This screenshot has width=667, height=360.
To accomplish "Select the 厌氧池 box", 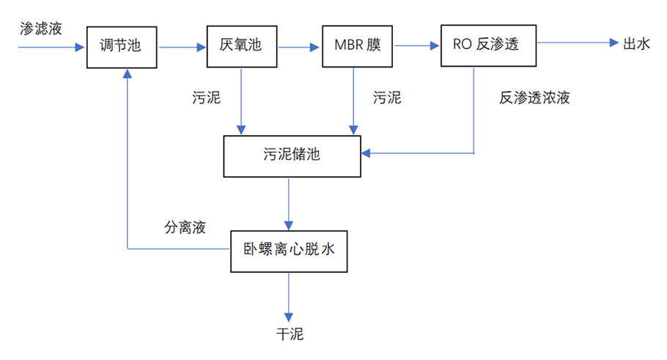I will tap(240, 46).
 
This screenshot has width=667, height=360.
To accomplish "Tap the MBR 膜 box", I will tap(358, 46).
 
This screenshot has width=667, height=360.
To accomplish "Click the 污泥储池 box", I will tap(292, 155).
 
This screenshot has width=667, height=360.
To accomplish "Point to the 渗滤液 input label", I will tap(41, 29).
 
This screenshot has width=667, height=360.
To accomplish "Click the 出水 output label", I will tap(635, 44).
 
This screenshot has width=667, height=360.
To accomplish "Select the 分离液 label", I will tap(184, 227).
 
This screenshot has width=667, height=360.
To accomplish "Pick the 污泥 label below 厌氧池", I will tap(206, 98).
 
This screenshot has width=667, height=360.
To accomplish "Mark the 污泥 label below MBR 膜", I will tap(387, 98).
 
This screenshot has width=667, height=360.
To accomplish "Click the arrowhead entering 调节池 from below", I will tap(128, 75).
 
